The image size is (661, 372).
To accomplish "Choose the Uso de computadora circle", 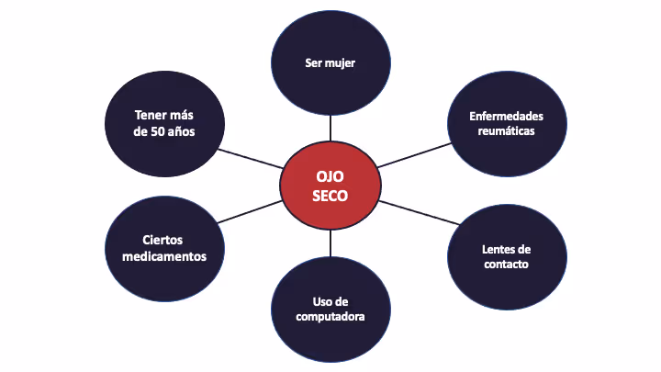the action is point(330,309).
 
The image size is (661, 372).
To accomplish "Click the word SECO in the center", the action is point(330,195).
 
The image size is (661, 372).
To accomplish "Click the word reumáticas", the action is point(506,131).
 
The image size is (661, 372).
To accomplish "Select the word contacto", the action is point(506,265).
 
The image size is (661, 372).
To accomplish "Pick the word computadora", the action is point(330,317).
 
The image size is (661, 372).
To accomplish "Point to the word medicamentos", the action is point(164,256).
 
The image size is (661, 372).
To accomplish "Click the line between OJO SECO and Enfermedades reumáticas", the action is point(412,154).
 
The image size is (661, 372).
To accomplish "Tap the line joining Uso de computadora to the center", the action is point(330,243).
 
